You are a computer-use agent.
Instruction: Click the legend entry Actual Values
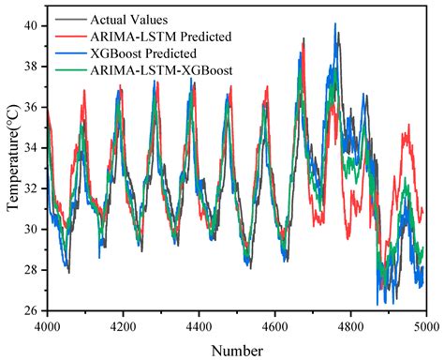click(130, 19)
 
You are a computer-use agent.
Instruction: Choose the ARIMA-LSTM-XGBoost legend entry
click(155, 70)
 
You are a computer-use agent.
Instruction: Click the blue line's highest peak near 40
click(335, 24)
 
